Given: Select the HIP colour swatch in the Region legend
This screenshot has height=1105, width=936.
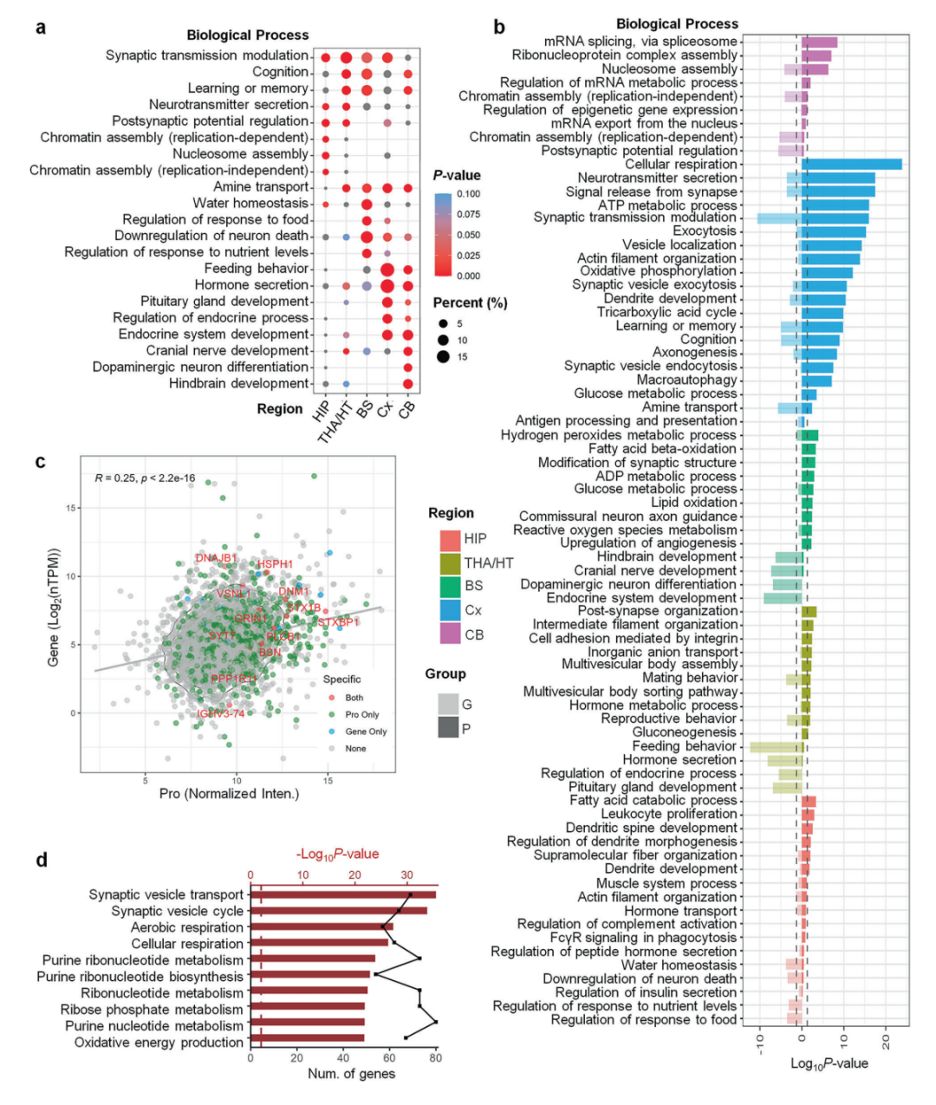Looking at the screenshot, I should pyautogui.click(x=449, y=539).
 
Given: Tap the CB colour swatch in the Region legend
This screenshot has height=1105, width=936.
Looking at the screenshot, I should pyautogui.click(x=449, y=634).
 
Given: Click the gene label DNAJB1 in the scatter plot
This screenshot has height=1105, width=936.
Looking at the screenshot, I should pyautogui.click(x=216, y=558).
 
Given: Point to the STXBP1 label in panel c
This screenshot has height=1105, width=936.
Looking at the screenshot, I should pyautogui.click(x=339, y=622).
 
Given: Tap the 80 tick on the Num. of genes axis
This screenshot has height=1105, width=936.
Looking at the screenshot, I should pyautogui.click(x=435, y=1057).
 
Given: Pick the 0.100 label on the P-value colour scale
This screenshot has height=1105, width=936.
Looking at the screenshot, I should pyautogui.click(x=468, y=193).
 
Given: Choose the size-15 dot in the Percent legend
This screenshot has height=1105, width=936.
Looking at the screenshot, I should pyautogui.click(x=444, y=357).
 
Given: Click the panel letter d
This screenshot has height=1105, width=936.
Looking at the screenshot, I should pyautogui.click(x=42, y=861).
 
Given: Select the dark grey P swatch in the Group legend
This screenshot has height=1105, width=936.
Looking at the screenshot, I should pyautogui.click(x=448, y=727).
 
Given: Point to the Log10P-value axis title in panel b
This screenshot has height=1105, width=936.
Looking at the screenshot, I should pyautogui.click(x=829, y=1063).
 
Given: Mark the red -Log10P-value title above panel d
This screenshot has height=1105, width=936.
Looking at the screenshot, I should pyautogui.click(x=337, y=855).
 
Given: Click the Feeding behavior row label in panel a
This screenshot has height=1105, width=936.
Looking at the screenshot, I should pyautogui.click(x=257, y=269).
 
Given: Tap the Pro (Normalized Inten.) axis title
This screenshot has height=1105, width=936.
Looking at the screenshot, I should pyautogui.click(x=229, y=794).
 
